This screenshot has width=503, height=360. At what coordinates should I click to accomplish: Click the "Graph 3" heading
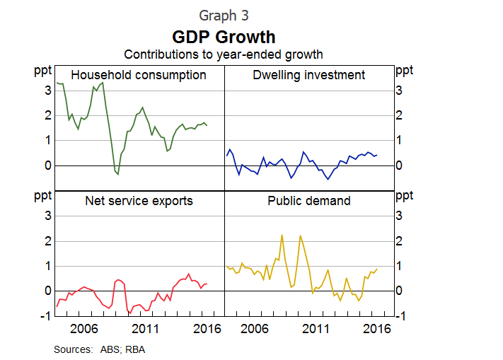point(224,15)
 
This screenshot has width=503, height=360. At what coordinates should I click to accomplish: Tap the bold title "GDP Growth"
point(224,36)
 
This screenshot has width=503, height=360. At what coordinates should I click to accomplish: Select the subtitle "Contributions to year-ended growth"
point(224,54)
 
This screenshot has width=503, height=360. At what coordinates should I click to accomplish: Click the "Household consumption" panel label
point(139,75)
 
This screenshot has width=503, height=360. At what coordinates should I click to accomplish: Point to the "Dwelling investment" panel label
point(309,75)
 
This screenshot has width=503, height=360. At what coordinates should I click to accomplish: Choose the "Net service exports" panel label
point(139,201)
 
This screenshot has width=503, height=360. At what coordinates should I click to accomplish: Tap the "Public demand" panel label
point(309,201)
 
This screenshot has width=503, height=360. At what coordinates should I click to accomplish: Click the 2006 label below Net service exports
point(83,329)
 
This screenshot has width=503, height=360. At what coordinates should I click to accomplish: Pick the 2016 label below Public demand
point(378,329)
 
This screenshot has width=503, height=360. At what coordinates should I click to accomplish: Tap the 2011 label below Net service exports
point(145,329)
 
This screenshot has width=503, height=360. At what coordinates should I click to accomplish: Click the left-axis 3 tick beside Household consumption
point(47,91)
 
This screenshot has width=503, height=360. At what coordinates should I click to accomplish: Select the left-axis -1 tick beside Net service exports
point(45,316)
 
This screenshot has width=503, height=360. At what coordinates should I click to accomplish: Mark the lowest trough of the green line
point(117,174)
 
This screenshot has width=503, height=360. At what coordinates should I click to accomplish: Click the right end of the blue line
point(376,155)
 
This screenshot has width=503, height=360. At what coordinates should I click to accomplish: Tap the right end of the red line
point(207,284)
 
